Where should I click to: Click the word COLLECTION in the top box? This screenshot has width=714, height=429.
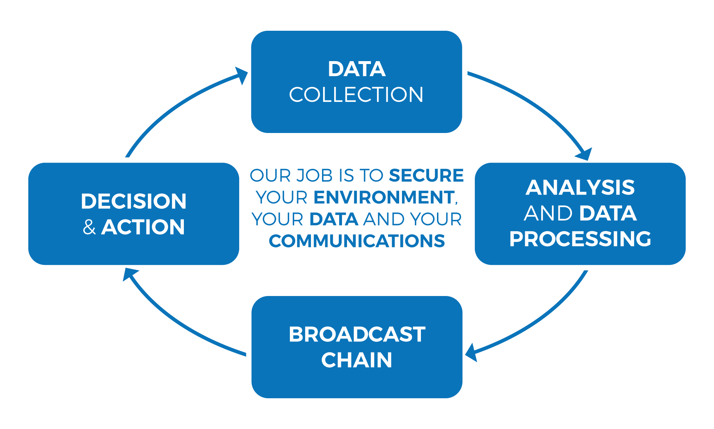pos(356,95)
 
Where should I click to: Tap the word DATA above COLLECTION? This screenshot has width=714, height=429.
pos(357,69)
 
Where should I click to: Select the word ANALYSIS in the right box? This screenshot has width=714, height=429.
pos(580,187)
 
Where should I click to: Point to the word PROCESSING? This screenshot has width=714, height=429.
pos(580,239)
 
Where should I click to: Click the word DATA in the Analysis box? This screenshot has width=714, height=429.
pos(608,213)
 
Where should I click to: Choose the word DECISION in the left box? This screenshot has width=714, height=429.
pos(134,201)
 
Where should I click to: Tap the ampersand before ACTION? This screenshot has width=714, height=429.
pos(89,227)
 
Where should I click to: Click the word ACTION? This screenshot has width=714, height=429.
pos(143,227)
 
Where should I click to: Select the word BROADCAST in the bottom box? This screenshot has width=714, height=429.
pos(357,334)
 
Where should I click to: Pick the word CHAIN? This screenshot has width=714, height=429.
pos(357,360)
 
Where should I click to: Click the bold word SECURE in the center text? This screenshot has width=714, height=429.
pos(426,176)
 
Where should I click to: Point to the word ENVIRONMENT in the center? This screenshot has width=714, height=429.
pos(384,197)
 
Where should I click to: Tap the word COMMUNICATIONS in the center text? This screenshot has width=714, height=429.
pos(357,241)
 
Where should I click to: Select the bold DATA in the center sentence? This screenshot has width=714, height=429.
pos(334,219)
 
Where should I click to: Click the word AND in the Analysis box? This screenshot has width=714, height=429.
pos(548,213)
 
